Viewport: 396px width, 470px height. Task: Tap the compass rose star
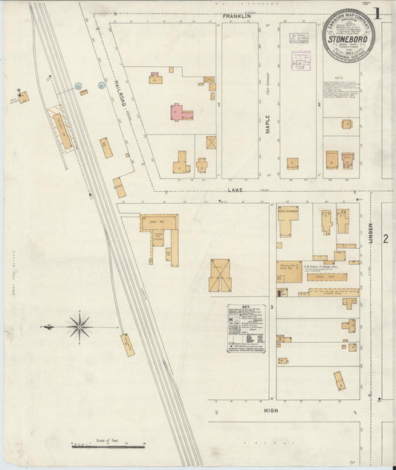[78, 325]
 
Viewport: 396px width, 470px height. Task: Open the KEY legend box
[246, 328]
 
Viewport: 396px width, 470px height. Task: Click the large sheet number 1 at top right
[379, 13]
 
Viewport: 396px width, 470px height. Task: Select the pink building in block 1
[179, 112]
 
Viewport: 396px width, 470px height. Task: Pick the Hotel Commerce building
[288, 220]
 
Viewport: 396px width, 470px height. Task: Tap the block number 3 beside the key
[273, 307]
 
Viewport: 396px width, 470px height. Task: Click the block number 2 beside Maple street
[319, 105]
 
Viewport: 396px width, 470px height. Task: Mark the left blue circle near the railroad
[78, 86]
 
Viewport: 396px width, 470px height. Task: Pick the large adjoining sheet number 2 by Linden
[386, 239]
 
